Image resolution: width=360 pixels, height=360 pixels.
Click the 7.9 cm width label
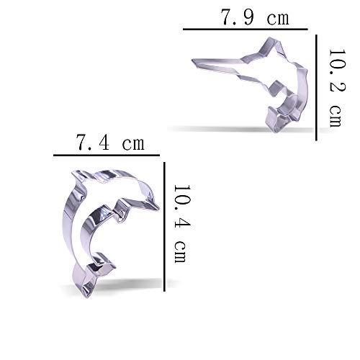255,17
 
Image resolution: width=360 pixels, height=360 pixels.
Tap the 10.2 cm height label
337,88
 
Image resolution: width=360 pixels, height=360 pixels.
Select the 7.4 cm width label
110,143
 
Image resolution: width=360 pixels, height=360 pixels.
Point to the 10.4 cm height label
182,224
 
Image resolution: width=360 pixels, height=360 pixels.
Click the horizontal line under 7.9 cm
246,29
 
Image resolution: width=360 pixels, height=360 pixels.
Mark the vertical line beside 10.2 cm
316,88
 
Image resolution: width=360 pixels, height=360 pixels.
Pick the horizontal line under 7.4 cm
107,156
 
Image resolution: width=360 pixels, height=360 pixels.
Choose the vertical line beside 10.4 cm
164,227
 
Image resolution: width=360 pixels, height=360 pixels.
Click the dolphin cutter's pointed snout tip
158,207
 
